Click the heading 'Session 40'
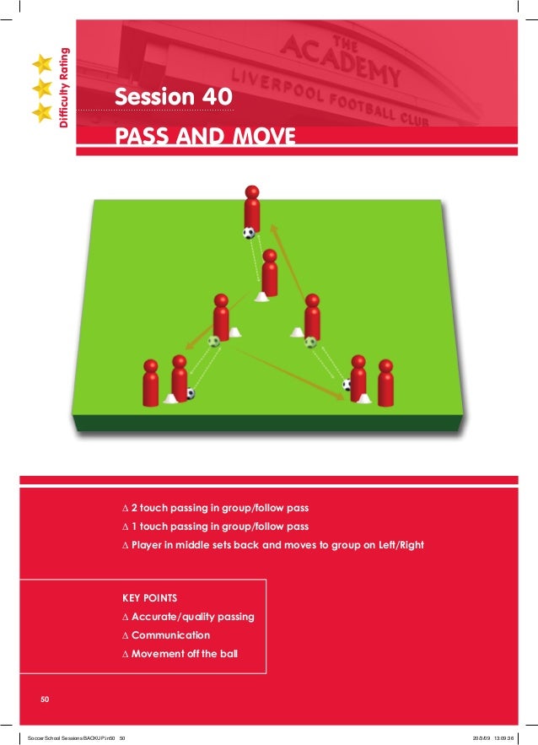click(x=171, y=99)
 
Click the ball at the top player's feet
click(x=248, y=233)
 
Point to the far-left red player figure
click(x=150, y=383)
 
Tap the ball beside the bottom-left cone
click(x=190, y=393)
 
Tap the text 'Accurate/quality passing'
click(x=192, y=617)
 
